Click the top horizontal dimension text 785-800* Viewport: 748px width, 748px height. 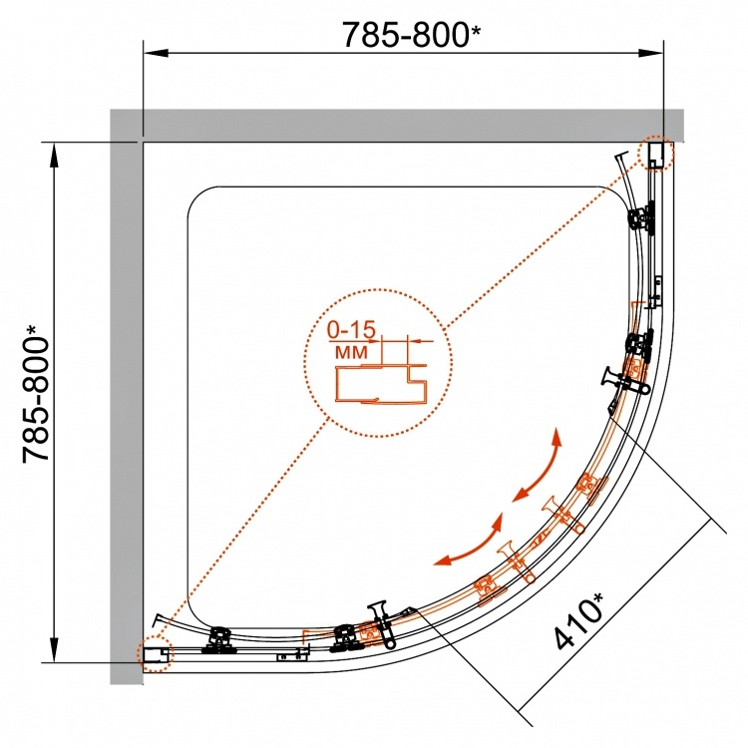tap(412, 34)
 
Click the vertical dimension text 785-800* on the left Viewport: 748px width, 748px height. tap(35, 393)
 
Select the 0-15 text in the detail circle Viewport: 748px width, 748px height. tap(352, 329)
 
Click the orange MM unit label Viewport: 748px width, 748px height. tap(352, 352)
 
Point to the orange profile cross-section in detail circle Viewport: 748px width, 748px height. tap(382, 383)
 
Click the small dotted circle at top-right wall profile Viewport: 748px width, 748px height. tap(656, 153)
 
